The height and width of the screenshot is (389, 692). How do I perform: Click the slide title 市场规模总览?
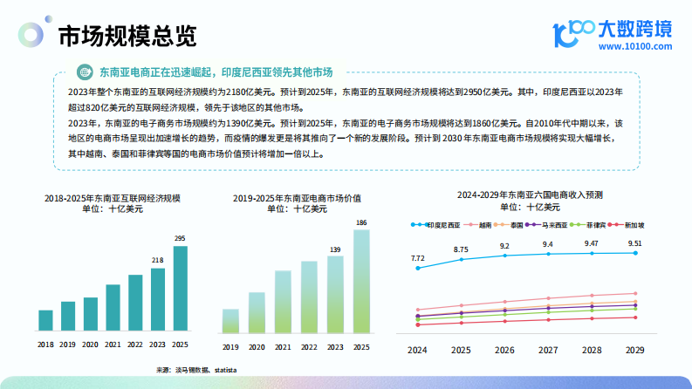tap(127, 37)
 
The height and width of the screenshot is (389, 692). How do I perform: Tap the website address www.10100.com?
tap(634, 46)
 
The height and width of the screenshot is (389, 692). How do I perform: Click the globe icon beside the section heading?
tap(85, 72)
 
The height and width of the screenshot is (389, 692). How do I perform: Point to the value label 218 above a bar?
tap(158, 260)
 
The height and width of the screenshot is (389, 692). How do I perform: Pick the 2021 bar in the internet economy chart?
tap(113, 308)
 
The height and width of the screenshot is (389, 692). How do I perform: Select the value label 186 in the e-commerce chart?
tap(360, 222)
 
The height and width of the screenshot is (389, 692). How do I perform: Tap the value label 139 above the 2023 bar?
tap(335, 250)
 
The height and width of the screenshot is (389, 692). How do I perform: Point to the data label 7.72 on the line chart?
tap(418, 258)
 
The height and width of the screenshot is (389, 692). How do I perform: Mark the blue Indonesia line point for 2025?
tap(461, 259)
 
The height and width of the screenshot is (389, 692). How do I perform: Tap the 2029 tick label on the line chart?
tap(635, 350)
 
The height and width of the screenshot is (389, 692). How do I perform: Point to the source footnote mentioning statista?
tap(196, 370)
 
